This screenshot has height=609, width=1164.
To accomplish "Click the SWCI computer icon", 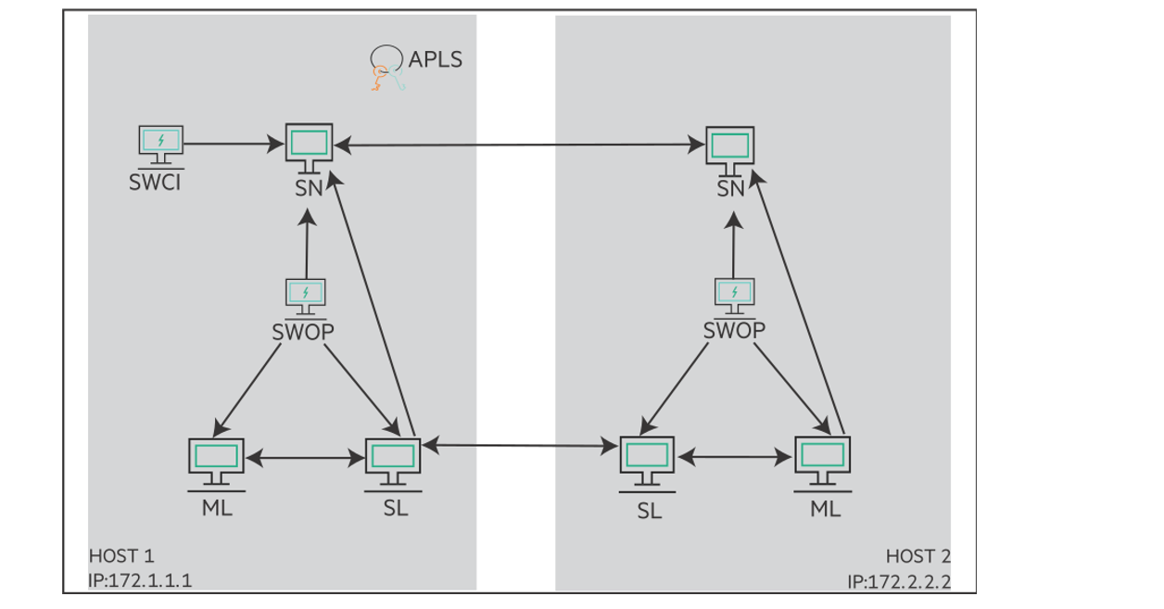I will pos(160,143).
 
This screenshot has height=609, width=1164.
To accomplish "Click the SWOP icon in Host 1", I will pos(305,294).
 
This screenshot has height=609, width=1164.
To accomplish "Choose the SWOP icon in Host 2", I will pos(734,294).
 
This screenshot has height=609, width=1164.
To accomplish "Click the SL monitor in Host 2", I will pos(647,458).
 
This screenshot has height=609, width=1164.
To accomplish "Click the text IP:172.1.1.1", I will pos(146,581).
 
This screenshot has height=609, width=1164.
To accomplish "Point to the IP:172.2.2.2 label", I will pos(898,582).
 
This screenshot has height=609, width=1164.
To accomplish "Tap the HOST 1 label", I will pos(121,556).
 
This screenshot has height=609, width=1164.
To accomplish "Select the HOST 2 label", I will pos(917,556).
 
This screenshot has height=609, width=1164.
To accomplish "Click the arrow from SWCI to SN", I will pos(233,144).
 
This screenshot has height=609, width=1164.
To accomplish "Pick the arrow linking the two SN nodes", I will pos(519,146).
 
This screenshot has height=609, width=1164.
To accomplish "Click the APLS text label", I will pos(435,59).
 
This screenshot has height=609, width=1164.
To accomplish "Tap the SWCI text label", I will pos(155,182).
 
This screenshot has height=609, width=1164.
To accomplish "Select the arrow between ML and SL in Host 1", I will pos(304,458).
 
